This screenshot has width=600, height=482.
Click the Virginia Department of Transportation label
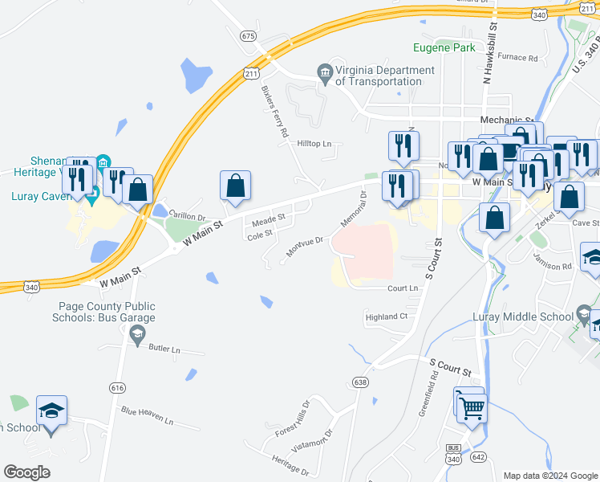[x=385, y=76]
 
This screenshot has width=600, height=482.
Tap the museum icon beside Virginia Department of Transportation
[x=325, y=75]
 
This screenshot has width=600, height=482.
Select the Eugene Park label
[x=444, y=47]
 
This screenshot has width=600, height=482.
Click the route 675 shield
[x=247, y=35]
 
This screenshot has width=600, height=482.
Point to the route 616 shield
[x=118, y=387]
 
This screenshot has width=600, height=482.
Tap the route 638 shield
[x=360, y=382]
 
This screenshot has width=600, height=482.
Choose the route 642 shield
[x=479, y=456]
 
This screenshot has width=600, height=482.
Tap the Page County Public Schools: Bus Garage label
[x=107, y=312]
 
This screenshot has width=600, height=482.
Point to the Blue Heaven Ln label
[x=147, y=415]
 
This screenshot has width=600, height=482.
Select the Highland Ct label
[x=387, y=317]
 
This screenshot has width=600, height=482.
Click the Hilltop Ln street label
[x=314, y=144]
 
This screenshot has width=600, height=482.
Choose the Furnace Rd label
[x=517, y=58]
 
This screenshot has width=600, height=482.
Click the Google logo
[x=26, y=472]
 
